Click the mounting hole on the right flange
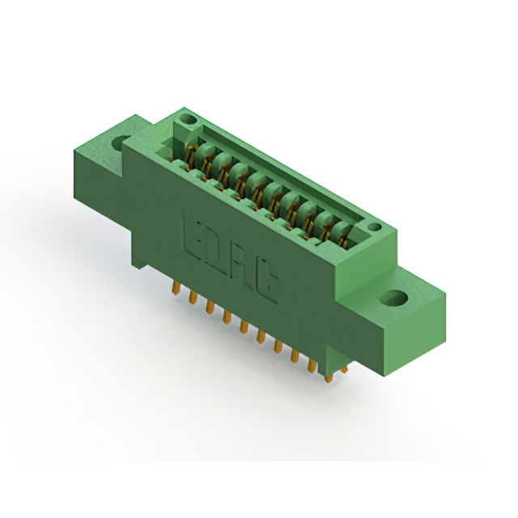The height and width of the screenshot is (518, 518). coord(397,298)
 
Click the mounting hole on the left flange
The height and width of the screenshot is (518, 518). coord(121,143)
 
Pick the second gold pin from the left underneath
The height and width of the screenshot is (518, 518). coord(193,299)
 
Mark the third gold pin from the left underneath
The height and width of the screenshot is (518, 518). coord(210,309)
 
